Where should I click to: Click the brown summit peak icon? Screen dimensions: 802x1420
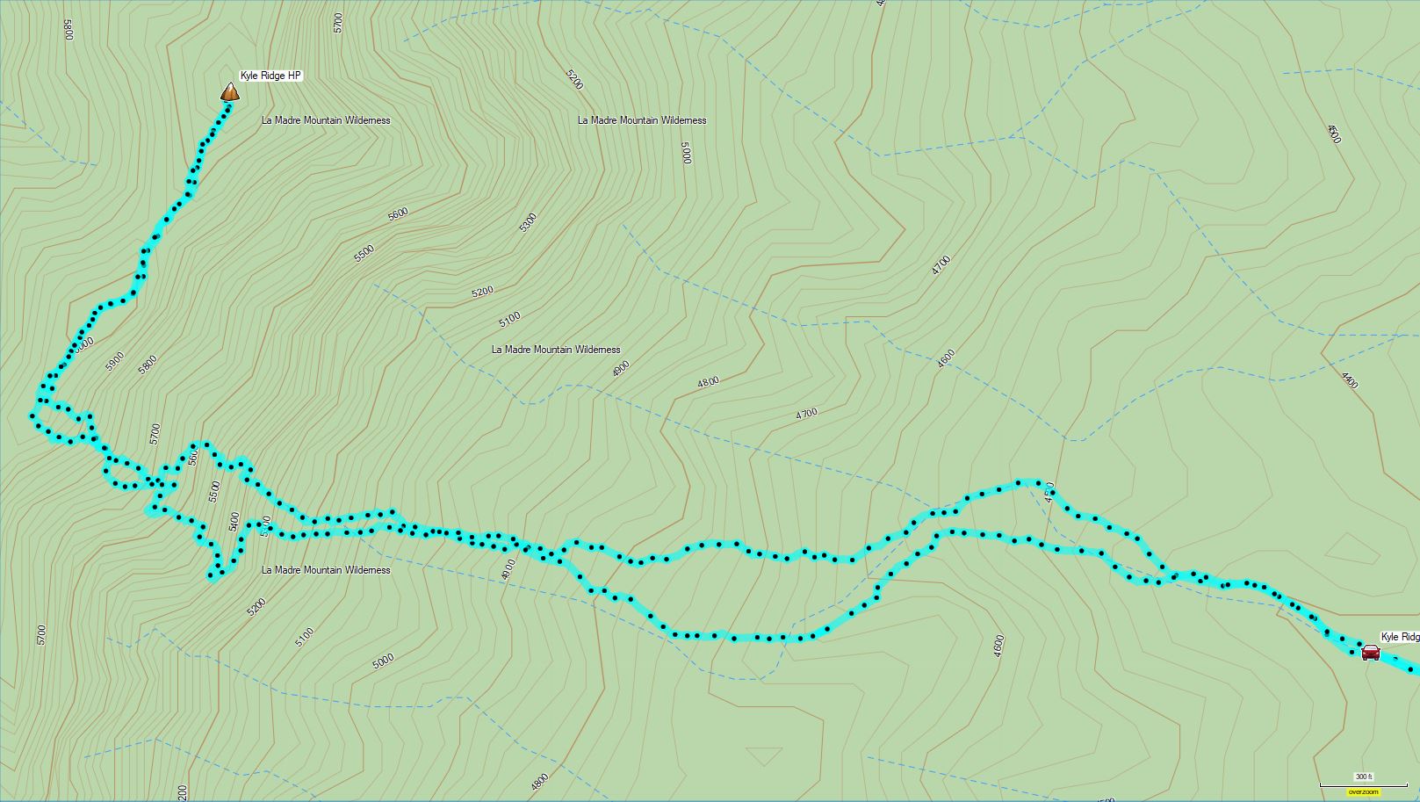coord(229,92)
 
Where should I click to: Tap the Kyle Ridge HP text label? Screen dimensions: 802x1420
coord(270,76)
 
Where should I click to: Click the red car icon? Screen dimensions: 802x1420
coord(1370,653)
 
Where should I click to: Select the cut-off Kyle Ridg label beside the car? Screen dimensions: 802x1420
coord(1400,637)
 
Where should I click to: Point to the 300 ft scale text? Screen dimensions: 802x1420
coord(1362,777)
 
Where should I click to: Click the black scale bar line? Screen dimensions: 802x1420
coord(1351,784)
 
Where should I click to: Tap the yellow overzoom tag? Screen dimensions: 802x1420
coord(1364,791)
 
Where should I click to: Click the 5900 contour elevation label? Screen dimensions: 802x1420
coord(115,362)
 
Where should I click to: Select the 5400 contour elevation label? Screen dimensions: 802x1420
coord(234,522)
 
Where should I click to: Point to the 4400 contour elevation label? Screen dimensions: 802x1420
coord(1350,380)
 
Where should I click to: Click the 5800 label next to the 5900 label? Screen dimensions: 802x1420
coord(148,365)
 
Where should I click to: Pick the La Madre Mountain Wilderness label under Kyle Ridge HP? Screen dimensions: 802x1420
coord(326,120)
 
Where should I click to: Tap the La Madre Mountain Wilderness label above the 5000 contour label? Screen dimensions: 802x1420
coord(642,120)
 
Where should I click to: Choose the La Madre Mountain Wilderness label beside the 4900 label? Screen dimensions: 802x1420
coord(556,350)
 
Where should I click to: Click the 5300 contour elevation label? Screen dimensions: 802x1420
coord(528,222)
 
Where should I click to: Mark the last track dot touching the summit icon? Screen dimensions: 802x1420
coord(228,105)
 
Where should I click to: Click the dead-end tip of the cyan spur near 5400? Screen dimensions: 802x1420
coord(212,577)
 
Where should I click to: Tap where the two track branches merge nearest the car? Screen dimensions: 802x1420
coord(1164,578)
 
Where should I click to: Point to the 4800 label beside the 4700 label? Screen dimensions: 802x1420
coord(708,382)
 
